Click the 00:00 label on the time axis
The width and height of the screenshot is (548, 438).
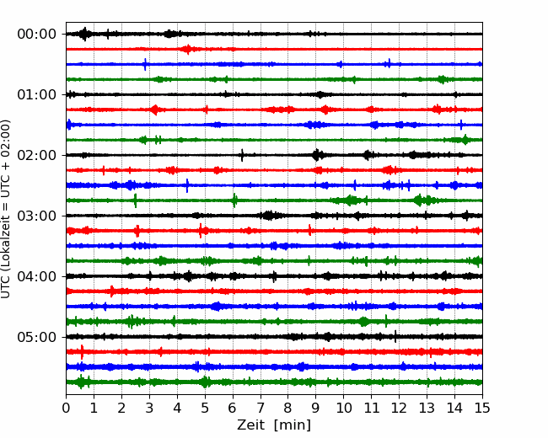[x=37, y=35]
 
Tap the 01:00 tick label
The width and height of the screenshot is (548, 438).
[x=37, y=94]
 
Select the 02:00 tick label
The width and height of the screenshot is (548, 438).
[x=37, y=155]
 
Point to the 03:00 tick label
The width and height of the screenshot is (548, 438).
[x=37, y=216]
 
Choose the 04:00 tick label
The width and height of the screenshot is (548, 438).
[x=37, y=276]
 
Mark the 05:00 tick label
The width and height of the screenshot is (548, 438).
[x=37, y=337]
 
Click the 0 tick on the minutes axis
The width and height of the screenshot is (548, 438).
[x=66, y=408]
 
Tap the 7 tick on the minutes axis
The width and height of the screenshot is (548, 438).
[x=261, y=408]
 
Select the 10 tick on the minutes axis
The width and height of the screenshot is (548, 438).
[x=343, y=408]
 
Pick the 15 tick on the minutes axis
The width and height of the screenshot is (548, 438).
[x=482, y=408]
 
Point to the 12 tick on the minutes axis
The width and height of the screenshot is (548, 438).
[x=399, y=408]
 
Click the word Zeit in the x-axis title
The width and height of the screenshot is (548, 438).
[x=251, y=425]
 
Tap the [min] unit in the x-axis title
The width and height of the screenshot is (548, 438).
[x=293, y=425]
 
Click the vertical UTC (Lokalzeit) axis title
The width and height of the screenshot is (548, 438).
[x=5, y=209]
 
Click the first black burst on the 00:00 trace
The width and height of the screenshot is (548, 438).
[x=84, y=34]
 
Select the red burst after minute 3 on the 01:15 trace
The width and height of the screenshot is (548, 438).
[x=154, y=109]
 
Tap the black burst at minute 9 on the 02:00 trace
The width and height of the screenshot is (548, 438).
[x=317, y=155]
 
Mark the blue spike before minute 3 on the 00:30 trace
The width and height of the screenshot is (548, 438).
[x=145, y=64]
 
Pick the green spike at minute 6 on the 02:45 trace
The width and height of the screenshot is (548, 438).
[x=235, y=200]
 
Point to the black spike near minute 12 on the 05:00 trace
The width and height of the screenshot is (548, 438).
[x=395, y=336]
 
